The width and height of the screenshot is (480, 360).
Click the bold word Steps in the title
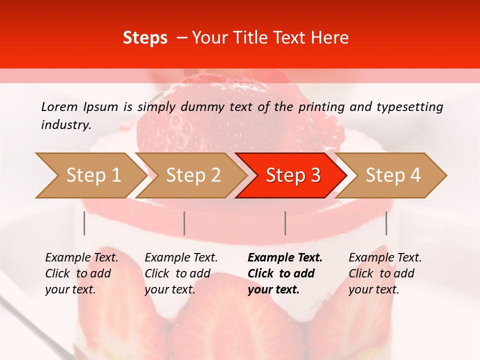(x=145, y=38)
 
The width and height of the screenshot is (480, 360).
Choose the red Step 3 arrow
(x=293, y=175)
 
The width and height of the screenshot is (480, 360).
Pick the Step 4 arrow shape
(x=393, y=175)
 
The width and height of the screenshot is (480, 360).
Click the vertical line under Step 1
(x=84, y=223)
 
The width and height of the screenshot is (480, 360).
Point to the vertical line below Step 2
(x=184, y=223)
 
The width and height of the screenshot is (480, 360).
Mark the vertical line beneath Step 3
(x=285, y=223)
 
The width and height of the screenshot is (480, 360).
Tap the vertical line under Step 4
(x=386, y=223)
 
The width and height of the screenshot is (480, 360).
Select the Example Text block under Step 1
(x=81, y=273)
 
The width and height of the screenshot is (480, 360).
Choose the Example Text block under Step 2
(x=181, y=273)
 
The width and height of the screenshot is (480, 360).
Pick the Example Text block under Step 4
(x=385, y=273)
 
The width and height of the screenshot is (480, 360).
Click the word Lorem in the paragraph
(x=59, y=106)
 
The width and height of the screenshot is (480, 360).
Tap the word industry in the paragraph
(x=66, y=125)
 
